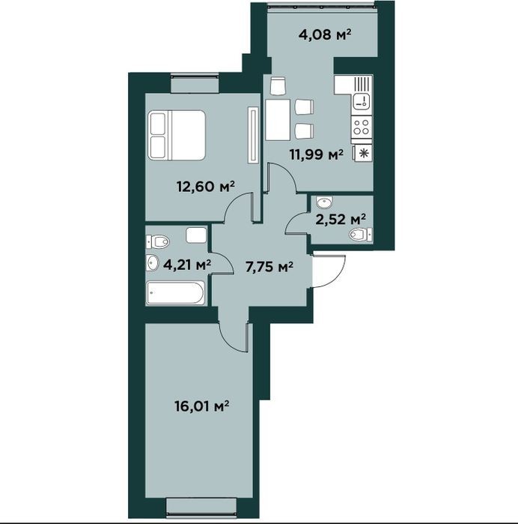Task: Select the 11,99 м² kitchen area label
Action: pyautogui.click(x=317, y=154)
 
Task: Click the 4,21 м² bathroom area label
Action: pyautogui.click(x=187, y=265)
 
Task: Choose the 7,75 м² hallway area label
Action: pyautogui.click(x=269, y=267)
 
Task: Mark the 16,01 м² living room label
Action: pyautogui.click(x=201, y=406)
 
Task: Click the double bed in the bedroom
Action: pyautogui.click(x=177, y=135)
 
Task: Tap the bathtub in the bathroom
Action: pyautogui.click(x=175, y=293)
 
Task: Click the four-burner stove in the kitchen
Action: pyautogui.click(x=362, y=127)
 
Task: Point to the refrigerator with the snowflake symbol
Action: pyautogui.click(x=363, y=154)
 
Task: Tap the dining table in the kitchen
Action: pyautogui.click(x=278, y=120)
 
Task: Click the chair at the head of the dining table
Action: pyautogui.click(x=278, y=86)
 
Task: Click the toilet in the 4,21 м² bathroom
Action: pyautogui.click(x=158, y=241)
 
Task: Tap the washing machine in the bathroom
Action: pyautogui.click(x=196, y=235)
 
